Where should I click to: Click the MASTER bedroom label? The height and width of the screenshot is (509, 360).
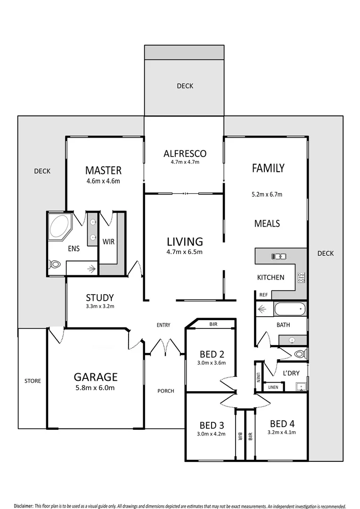[x=103, y=170]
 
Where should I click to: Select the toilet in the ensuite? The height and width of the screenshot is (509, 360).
[x=55, y=264]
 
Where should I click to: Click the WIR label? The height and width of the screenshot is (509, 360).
[x=108, y=241]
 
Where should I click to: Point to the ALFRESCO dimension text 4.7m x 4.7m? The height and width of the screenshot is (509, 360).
[x=185, y=162]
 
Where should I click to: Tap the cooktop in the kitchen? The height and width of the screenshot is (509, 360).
[x=301, y=278]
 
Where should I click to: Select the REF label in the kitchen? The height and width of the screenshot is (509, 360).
[x=263, y=295]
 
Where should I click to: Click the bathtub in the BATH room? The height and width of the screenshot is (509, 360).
[x=289, y=310]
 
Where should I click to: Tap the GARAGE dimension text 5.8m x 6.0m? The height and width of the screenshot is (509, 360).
[x=95, y=388]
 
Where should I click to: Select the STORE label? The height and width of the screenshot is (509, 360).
[x=33, y=381]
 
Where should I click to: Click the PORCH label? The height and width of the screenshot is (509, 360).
[x=166, y=391]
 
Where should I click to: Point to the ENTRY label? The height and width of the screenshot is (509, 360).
[x=164, y=325]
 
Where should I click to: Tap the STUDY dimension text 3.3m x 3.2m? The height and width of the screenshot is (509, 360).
[x=100, y=306]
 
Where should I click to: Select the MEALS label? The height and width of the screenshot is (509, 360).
[x=267, y=223]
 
